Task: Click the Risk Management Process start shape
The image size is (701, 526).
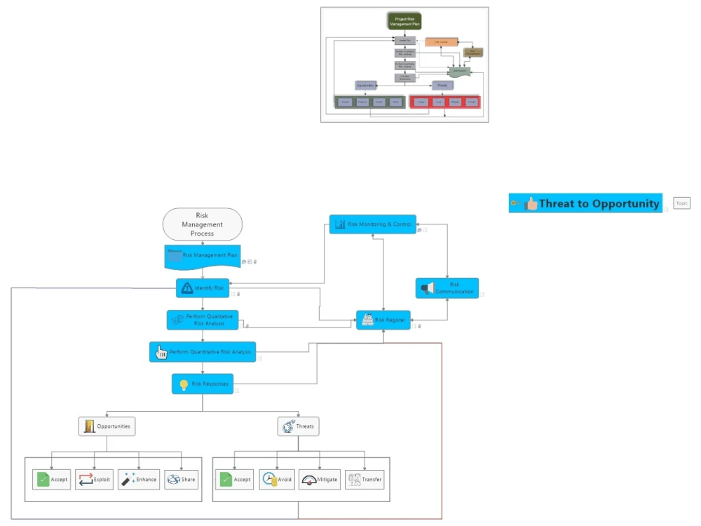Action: pyautogui.click(x=202, y=224)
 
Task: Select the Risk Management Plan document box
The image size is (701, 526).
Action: pyautogui.click(x=203, y=256)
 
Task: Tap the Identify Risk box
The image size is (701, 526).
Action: pyautogui.click(x=203, y=288)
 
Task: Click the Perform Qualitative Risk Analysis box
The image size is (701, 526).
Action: pyautogui.click(x=203, y=320)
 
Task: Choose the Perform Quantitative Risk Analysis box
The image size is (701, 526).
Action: pyautogui.click(x=203, y=351)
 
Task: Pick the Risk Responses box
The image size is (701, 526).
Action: pyautogui.click(x=203, y=384)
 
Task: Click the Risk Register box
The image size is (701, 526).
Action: pyautogui.click(x=383, y=320)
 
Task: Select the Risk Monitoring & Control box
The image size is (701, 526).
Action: pyautogui.click(x=372, y=224)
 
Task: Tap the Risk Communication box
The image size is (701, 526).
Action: pyautogui.click(x=447, y=288)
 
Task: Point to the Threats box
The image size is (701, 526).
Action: pyautogui.click(x=298, y=426)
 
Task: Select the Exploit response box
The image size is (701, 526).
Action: pyautogui.click(x=95, y=480)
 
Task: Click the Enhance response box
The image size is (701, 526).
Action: pyautogui.click(x=138, y=480)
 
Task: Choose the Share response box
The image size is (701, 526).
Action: pyautogui.click(x=181, y=480)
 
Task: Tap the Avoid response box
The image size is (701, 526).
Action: pyautogui.click(x=277, y=480)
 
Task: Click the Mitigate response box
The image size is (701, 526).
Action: pyautogui.click(x=320, y=480)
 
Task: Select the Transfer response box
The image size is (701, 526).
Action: pyautogui.click(x=365, y=480)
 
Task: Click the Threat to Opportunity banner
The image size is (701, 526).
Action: pyautogui.click(x=585, y=203)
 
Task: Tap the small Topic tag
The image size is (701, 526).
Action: pyautogui.click(x=681, y=203)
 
